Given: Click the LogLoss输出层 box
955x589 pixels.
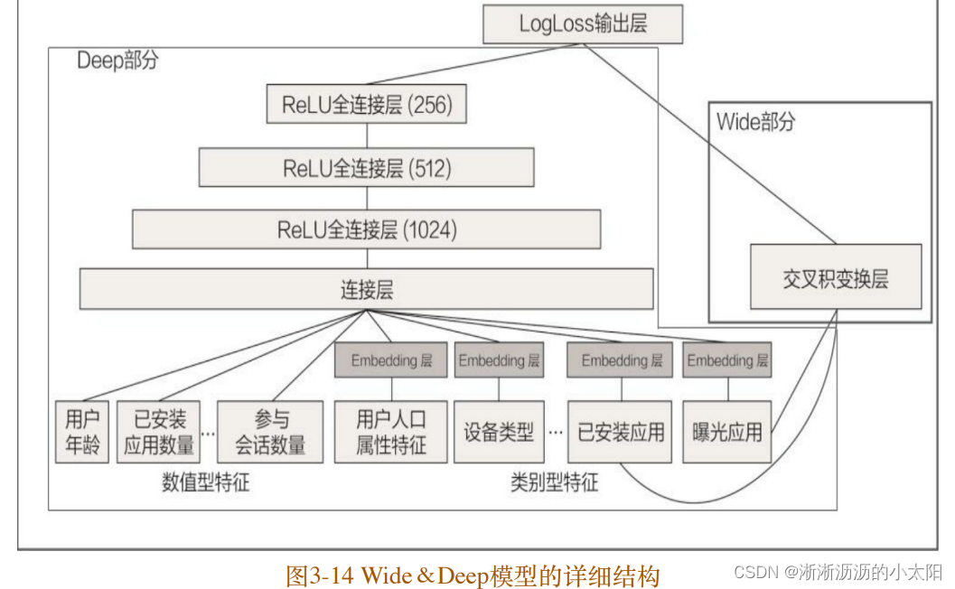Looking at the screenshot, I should tap(583, 24).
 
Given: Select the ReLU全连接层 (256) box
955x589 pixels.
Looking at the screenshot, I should tap(367, 105).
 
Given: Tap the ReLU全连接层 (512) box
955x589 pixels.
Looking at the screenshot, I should tap(366, 168).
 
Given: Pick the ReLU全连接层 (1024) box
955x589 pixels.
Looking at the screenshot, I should tap(366, 229).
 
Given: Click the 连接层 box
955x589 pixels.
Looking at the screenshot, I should tap(366, 289).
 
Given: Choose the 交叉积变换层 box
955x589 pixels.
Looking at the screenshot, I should tap(836, 277).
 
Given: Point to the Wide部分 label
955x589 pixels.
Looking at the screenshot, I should tap(755, 121).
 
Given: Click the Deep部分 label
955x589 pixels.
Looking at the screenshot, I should tap(117, 61).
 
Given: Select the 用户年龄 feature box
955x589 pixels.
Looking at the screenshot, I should tap(81, 432).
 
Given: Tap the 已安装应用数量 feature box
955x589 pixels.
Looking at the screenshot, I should tap(158, 432).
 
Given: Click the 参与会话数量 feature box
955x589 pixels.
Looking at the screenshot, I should tap(270, 432).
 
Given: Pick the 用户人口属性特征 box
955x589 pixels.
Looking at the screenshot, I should tap(391, 432).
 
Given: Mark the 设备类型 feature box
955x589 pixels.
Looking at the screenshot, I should tap(498, 432).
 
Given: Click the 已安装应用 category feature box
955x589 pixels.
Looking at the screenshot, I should tap(620, 432).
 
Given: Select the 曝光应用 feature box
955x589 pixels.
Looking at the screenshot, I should tap(726, 432).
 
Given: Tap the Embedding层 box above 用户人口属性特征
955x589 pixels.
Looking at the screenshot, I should tap(391, 360).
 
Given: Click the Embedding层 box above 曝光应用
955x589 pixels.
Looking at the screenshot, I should tap(726, 360).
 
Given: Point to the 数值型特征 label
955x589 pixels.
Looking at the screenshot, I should tap(206, 482).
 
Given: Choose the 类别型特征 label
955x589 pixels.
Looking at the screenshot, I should tap(554, 482).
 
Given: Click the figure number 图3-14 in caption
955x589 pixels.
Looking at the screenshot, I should tap(321, 575).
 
